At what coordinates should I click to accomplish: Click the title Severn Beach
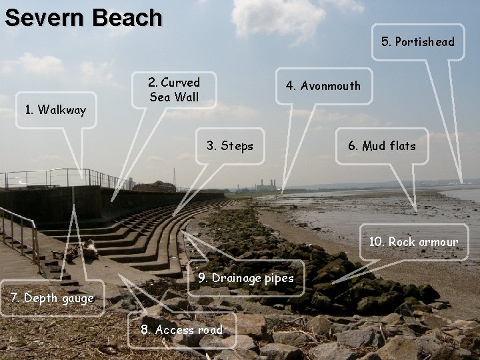(83, 17)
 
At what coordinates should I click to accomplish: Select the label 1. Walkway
(55, 110)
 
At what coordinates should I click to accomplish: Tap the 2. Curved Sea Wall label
(174, 90)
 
